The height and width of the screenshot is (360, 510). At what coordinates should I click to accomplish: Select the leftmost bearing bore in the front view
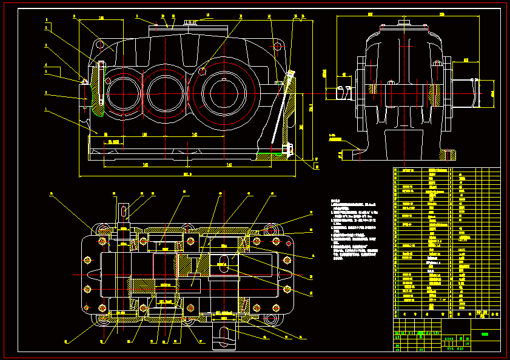123,94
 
